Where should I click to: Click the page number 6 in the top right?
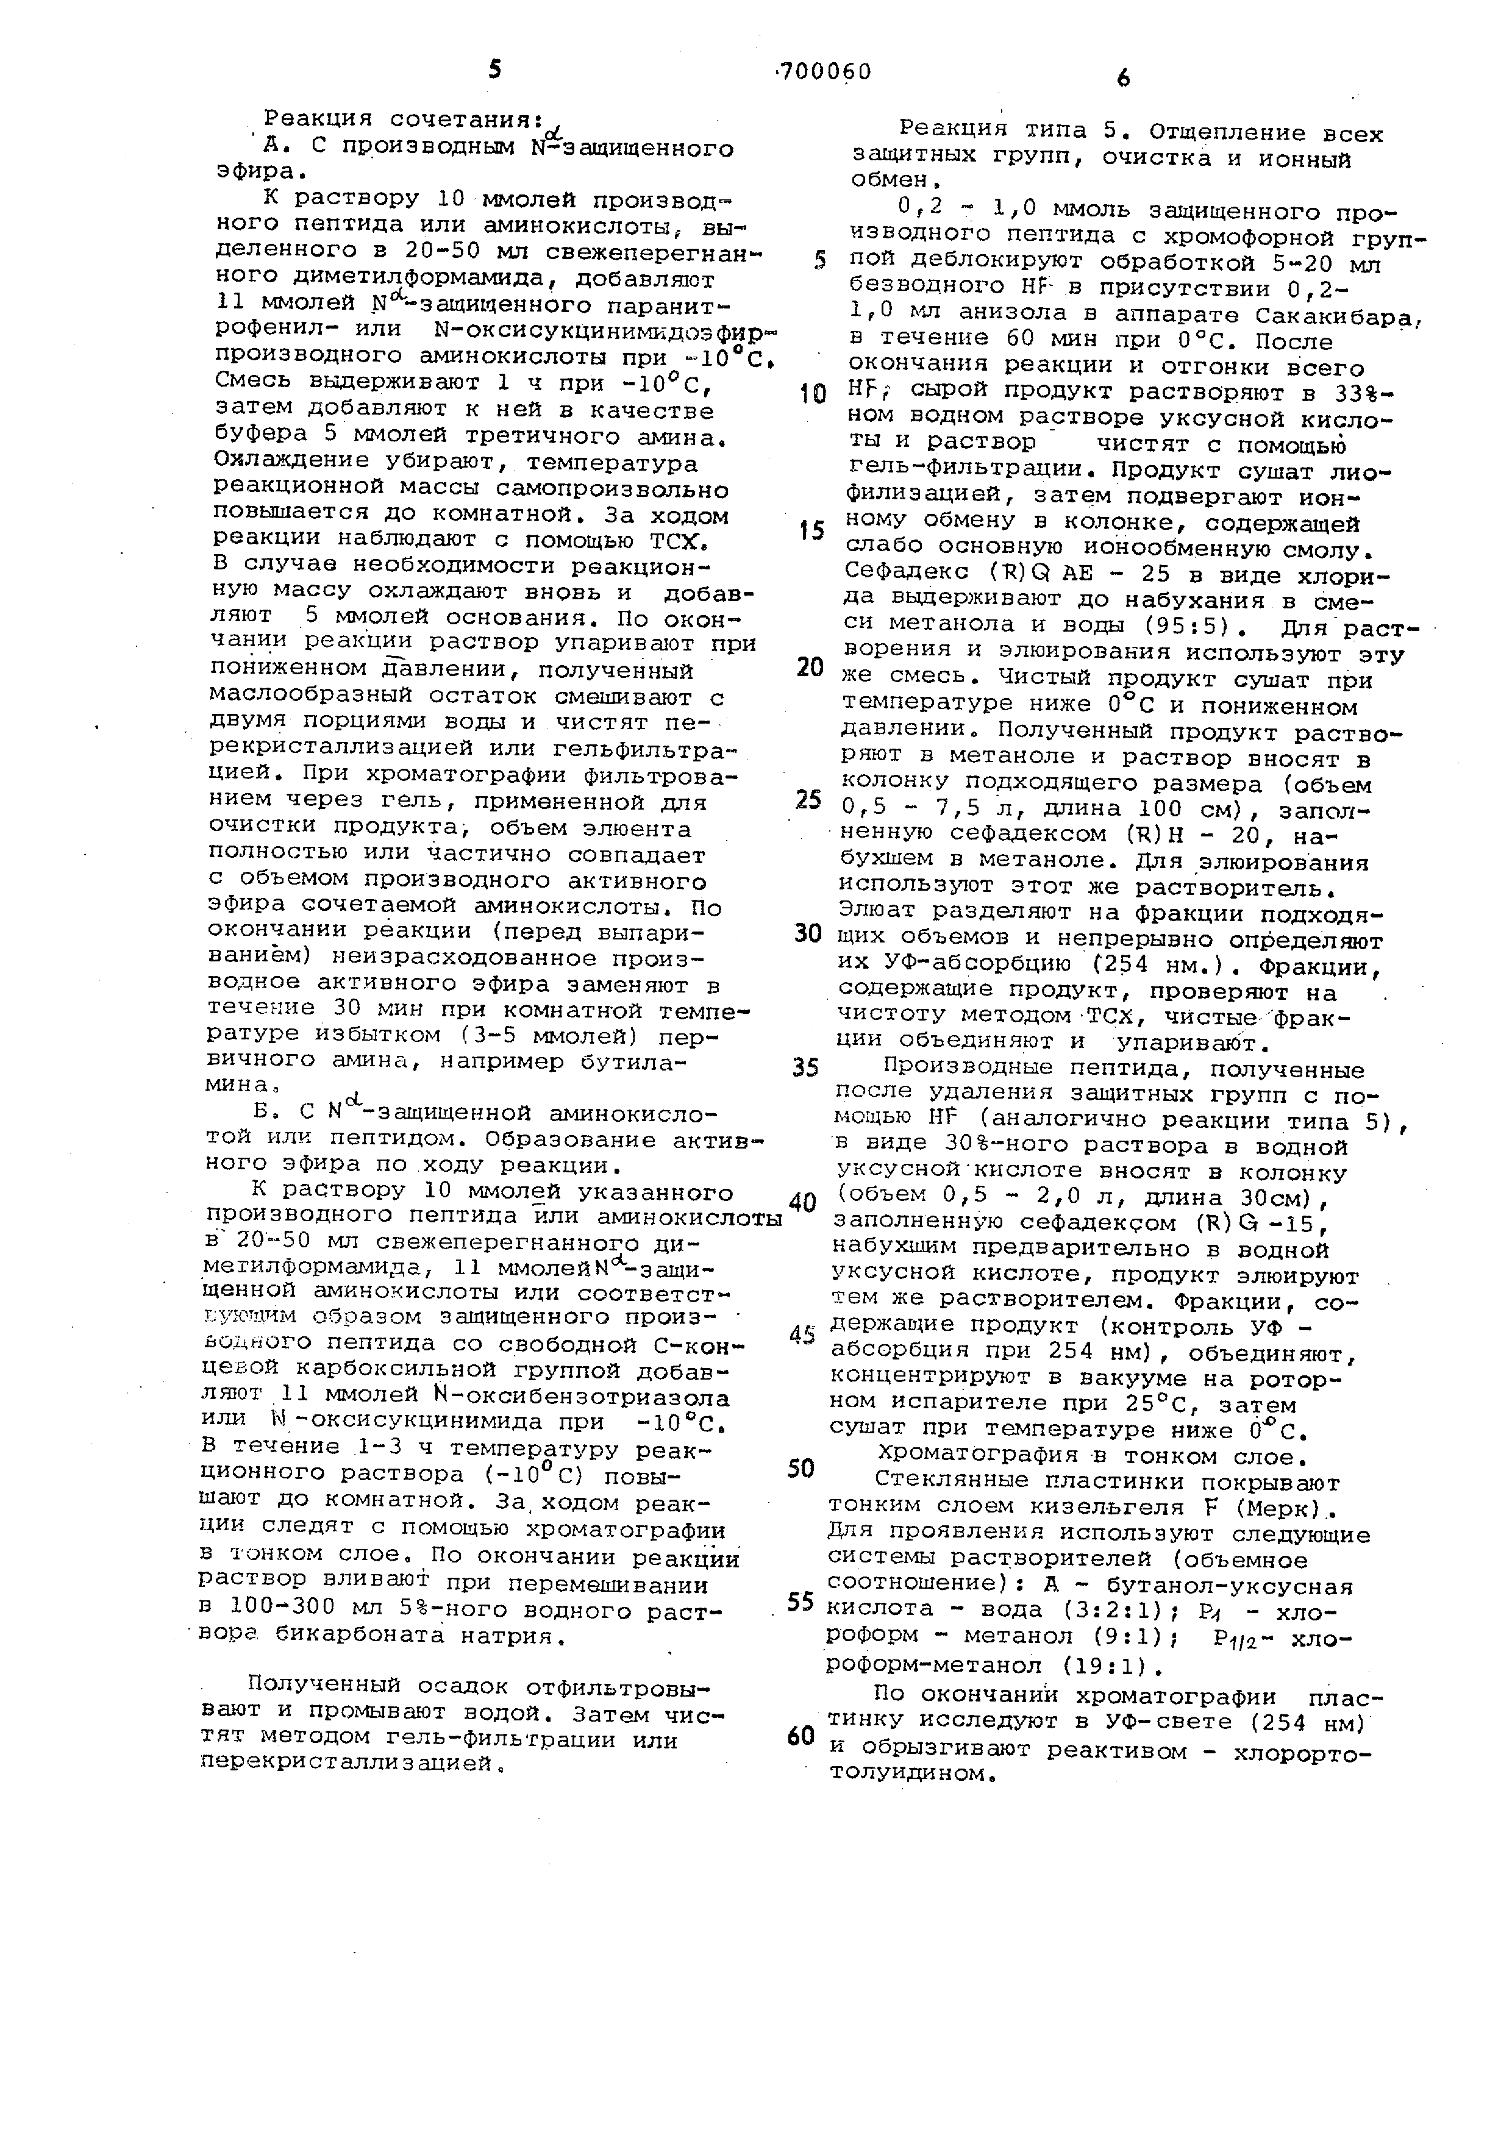click(x=1123, y=80)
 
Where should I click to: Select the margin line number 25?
click(x=807, y=800)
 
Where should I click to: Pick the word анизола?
click(x=1019, y=316)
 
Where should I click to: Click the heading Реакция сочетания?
click(x=403, y=119)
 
